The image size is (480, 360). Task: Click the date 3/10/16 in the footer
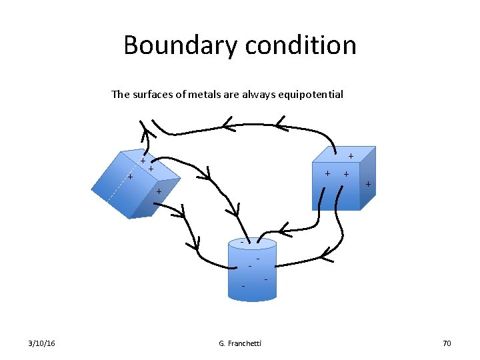click(x=42, y=343)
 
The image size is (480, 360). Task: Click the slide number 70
click(x=446, y=343)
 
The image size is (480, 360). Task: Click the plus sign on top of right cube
click(x=351, y=155)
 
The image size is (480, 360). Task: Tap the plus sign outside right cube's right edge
click(x=368, y=184)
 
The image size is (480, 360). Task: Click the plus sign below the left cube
click(x=159, y=192)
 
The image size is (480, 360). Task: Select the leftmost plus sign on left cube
click(x=130, y=177)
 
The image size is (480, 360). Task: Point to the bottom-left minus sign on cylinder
click(x=243, y=286)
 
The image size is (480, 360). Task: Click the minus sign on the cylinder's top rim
click(x=242, y=241)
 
